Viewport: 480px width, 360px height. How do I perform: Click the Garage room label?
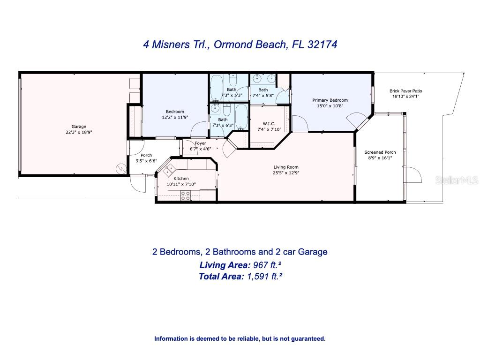(x=79, y=127)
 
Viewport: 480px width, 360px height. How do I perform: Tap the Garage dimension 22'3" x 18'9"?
(x=79, y=132)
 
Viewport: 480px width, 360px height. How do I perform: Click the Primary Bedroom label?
(x=330, y=100)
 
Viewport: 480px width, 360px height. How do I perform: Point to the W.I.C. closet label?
(x=262, y=124)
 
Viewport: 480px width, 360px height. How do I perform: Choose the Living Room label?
(x=286, y=167)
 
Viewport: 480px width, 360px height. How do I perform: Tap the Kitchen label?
(x=181, y=179)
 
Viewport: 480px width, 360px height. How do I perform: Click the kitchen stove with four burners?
(x=186, y=196)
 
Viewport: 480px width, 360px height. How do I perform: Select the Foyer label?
(x=200, y=143)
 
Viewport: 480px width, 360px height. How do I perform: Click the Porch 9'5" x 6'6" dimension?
(x=146, y=161)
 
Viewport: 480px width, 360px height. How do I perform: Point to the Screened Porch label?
(x=380, y=152)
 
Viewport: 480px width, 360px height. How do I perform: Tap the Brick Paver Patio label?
(x=406, y=91)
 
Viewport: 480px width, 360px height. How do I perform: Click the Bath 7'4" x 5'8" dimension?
(x=263, y=96)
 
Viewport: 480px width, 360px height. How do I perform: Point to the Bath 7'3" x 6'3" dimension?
(x=223, y=125)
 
